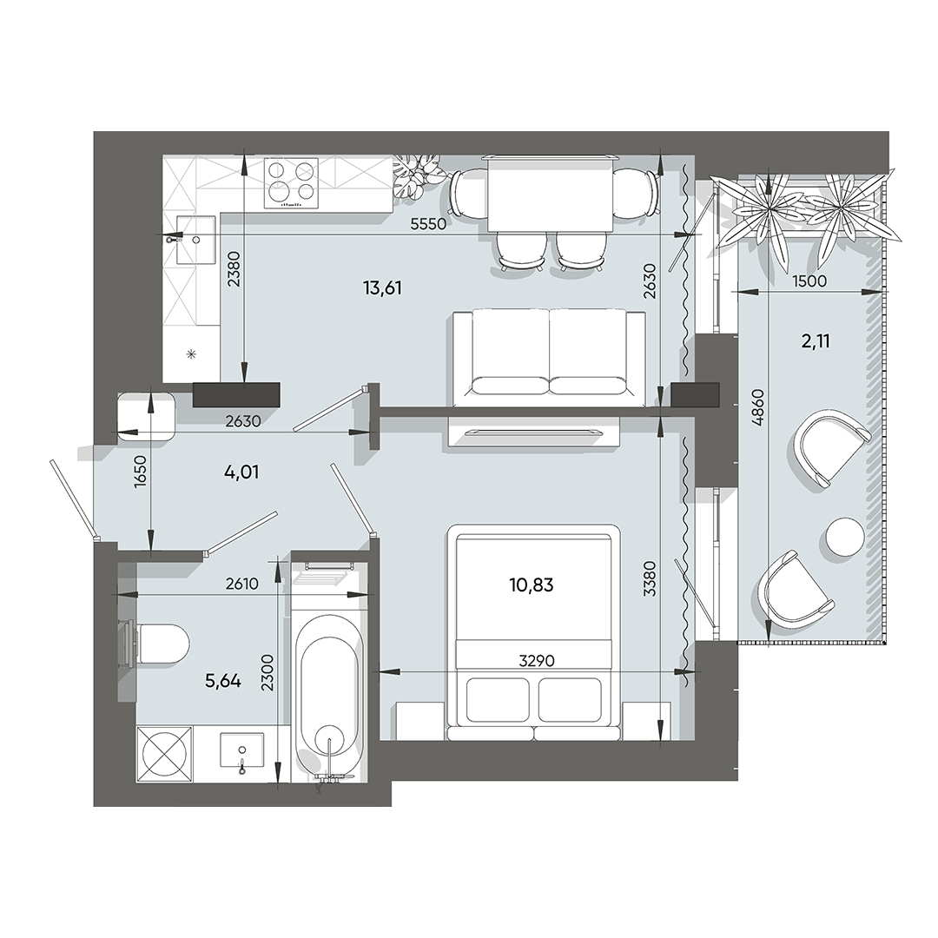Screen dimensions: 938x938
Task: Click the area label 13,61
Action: pos(383,288)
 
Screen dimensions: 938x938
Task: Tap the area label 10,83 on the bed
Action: pos(532,585)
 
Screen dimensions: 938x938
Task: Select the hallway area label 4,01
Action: pos(242,473)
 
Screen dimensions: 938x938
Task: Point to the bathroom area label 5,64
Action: pos(223,681)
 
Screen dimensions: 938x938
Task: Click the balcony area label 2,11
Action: pos(815,341)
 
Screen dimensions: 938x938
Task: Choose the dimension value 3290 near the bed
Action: pos(536,660)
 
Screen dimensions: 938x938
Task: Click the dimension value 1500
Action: pos(809,281)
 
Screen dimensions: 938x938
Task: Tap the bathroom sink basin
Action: pos(241,750)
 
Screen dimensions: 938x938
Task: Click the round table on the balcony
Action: pos(844,535)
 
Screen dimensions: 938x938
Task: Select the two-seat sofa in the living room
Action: pos(550,356)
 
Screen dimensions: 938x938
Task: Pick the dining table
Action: pos(551,193)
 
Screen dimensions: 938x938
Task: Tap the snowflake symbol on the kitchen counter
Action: pos(192,353)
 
